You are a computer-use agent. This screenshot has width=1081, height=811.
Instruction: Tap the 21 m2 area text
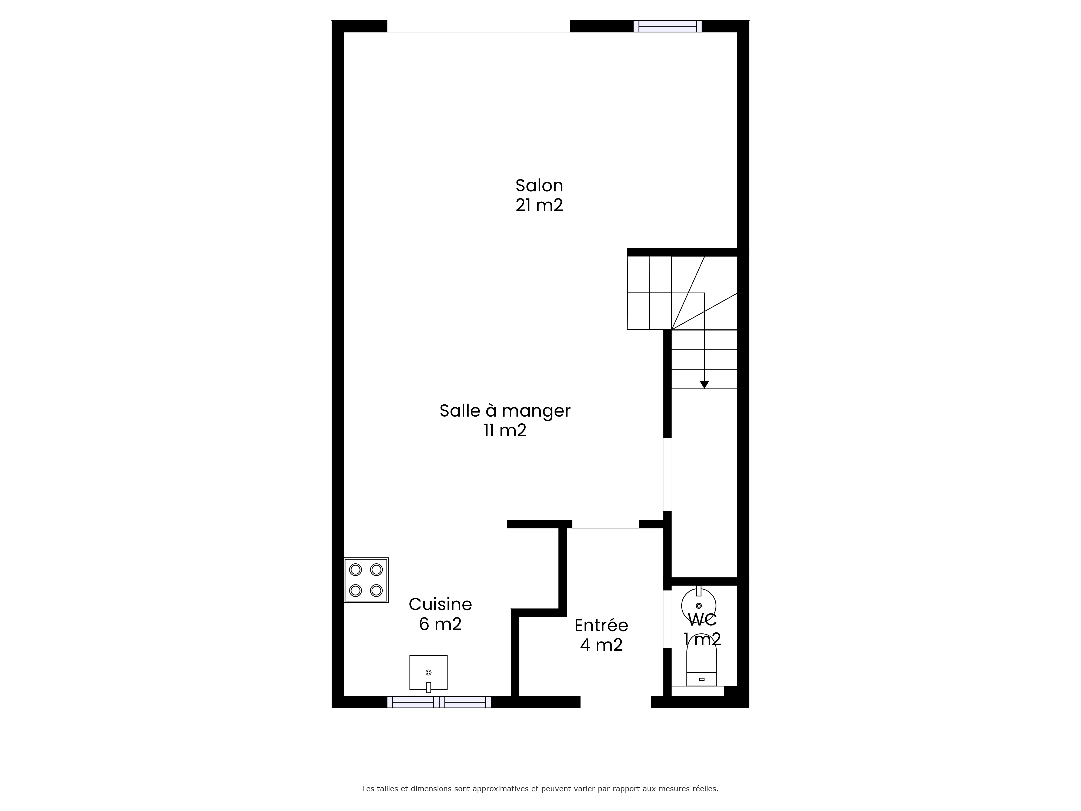pos(539,205)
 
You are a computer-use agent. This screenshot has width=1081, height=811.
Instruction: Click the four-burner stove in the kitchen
pos(366,580)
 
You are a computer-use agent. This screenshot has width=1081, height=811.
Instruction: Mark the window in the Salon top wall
pos(668,26)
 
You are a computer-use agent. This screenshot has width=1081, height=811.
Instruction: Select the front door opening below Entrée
pos(616,702)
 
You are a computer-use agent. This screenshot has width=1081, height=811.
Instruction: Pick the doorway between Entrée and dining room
pos(606,524)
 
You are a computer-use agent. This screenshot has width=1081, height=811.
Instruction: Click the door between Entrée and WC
pos(667,619)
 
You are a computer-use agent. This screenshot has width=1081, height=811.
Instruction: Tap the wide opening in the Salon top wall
pos(478,26)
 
